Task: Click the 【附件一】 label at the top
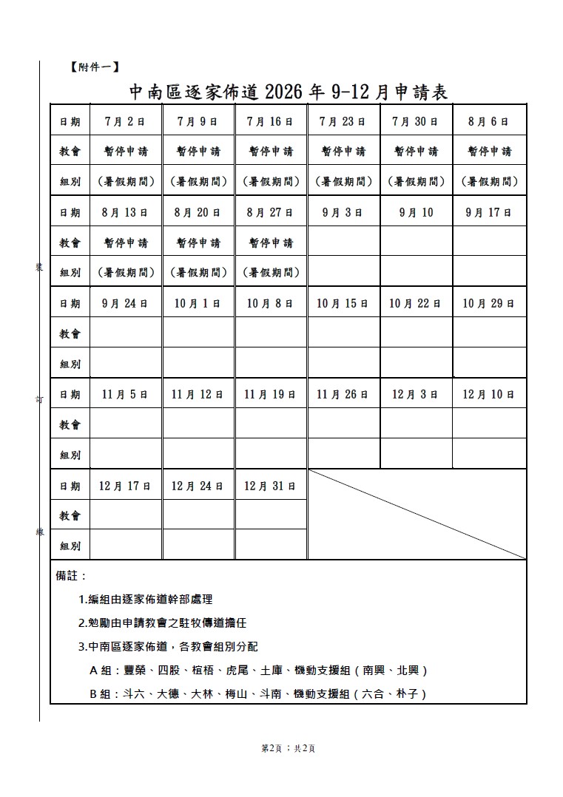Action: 92,67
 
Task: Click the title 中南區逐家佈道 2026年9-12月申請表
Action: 289,92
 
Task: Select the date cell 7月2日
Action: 125,121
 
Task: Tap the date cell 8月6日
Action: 489,121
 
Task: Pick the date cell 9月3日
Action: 343,212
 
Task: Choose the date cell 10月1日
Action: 198,303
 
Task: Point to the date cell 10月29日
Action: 489,303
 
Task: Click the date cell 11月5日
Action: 125,394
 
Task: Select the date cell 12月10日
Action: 489,394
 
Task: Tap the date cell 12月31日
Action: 270,486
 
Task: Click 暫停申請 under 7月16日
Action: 270,152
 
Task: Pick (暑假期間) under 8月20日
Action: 198,273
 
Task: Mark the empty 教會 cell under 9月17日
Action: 489,242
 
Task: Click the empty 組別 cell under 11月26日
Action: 343,454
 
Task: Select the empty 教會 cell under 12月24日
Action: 198,515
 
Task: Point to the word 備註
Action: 72,575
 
